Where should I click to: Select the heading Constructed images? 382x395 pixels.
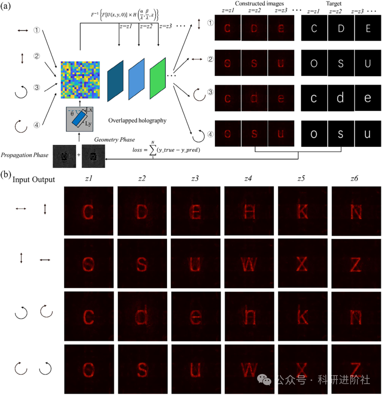(x=254, y=4)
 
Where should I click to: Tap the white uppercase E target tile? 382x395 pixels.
(x=368, y=29)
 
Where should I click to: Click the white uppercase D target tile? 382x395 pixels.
(x=341, y=29)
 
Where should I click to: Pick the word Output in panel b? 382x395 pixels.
(x=44, y=179)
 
